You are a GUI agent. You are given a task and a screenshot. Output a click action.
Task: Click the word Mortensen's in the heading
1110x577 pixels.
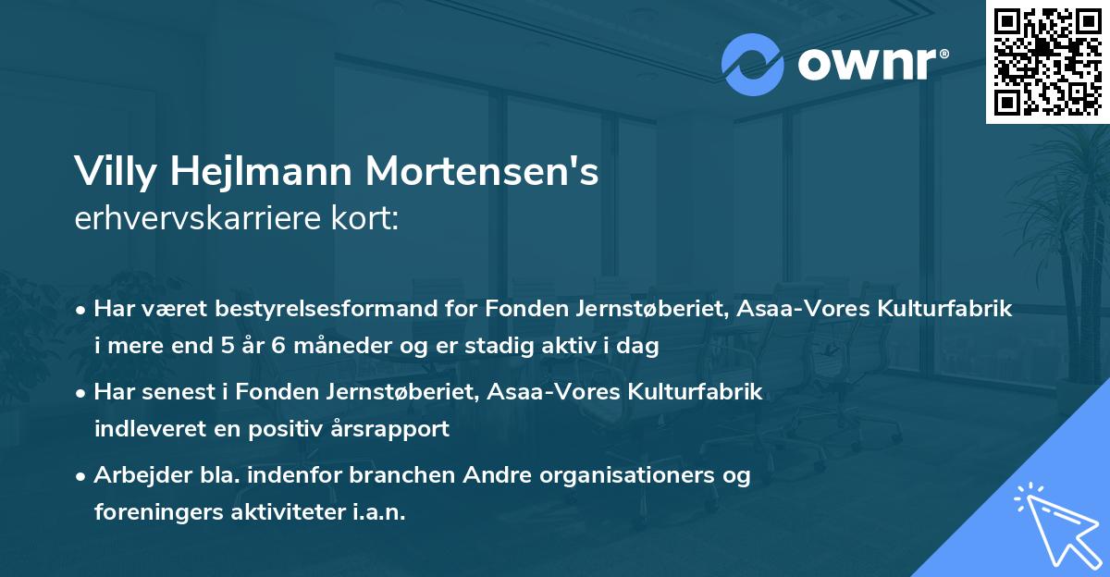pos(483,173)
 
